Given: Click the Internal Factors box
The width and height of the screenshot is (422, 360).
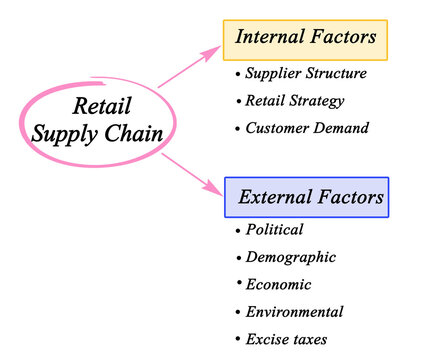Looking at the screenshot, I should click(305, 39).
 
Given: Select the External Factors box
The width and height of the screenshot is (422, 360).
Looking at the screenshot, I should click(306, 198).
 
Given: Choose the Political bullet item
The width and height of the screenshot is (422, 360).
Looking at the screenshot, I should click(274, 230).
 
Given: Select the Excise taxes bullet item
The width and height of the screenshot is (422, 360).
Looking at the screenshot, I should click(286, 339).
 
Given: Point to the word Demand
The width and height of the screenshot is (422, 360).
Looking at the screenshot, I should click(341, 128).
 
